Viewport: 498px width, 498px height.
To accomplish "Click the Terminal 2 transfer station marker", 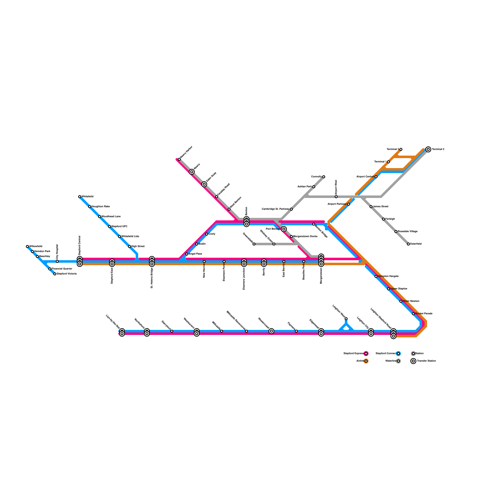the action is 428,149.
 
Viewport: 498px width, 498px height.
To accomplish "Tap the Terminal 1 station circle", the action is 388,162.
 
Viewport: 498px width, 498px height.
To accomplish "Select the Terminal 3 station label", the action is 393,149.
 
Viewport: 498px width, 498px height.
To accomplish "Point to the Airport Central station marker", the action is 376,177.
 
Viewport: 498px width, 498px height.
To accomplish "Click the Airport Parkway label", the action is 337,204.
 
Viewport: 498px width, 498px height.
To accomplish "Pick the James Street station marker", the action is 371,207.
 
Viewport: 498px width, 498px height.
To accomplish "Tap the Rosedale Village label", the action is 408,232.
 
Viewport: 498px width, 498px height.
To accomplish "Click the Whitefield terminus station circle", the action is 80,197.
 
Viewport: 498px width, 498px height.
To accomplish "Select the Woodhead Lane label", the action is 111,217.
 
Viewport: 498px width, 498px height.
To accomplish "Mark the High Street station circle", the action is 129,247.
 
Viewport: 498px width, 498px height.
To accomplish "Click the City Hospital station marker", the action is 57,261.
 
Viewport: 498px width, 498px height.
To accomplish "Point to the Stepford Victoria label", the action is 67,274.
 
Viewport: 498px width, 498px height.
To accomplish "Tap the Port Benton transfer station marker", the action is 284,229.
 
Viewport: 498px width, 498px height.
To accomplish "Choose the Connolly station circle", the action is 324,177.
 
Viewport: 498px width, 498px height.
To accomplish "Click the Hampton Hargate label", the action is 388,276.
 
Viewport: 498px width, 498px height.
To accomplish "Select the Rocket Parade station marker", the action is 413,314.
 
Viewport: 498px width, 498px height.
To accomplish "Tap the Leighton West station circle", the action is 346,319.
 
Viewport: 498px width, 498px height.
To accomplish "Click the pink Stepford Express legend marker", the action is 366,354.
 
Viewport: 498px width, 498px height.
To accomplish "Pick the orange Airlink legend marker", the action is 366,361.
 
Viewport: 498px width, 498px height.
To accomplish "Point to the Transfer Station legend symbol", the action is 413,361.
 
